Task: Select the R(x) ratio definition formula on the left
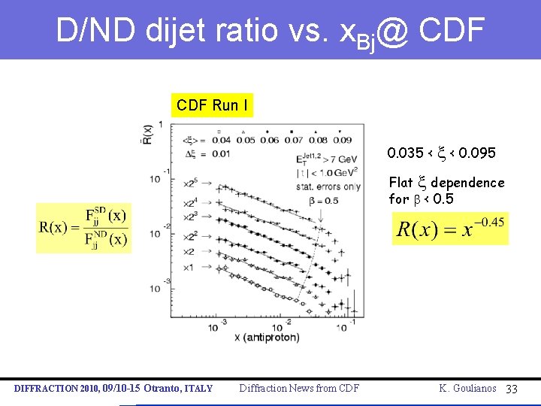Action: coord(83,228)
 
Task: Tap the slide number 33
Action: coord(512,388)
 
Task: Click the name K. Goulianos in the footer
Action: coord(467,388)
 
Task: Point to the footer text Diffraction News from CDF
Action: coord(299,388)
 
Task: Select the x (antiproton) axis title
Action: coord(267,338)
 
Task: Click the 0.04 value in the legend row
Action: coord(222,139)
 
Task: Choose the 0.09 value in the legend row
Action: coord(342,139)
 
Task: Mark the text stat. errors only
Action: coord(329,186)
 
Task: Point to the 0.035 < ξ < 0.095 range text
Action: coord(441,153)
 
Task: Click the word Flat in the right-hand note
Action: coord(400,183)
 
